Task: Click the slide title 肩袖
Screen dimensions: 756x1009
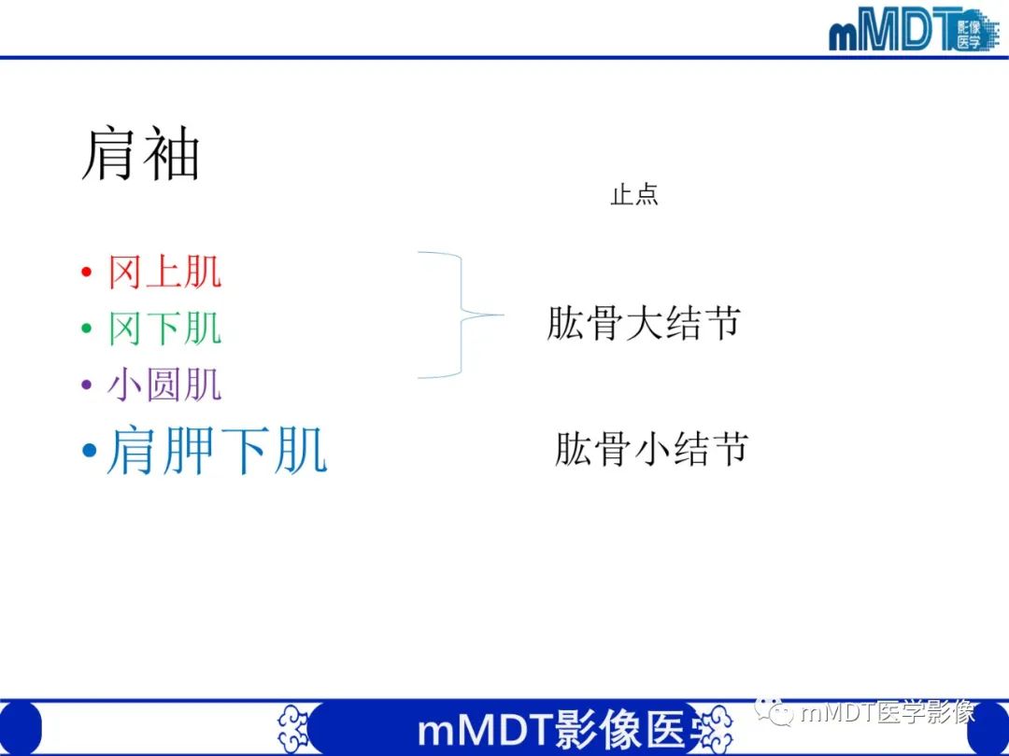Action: (140, 155)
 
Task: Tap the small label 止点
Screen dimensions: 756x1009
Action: (634, 195)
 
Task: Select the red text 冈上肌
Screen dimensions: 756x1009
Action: (164, 273)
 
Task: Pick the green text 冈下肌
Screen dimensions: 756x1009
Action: (164, 329)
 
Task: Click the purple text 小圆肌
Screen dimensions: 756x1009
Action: (164, 385)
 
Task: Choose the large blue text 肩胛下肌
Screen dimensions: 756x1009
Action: (217, 452)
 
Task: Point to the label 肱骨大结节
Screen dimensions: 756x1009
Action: (643, 323)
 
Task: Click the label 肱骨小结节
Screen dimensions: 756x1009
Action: (651, 449)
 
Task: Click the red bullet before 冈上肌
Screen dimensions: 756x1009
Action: (87, 273)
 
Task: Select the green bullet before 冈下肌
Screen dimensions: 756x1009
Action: (87, 329)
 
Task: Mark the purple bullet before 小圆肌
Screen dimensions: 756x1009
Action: (87, 385)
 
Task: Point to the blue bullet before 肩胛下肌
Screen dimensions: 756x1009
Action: (90, 453)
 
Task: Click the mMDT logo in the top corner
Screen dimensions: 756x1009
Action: (912, 30)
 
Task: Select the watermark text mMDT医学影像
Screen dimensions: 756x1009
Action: (888, 713)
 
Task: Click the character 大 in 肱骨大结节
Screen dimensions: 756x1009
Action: (643, 323)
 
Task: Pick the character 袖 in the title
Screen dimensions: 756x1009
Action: (170, 155)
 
